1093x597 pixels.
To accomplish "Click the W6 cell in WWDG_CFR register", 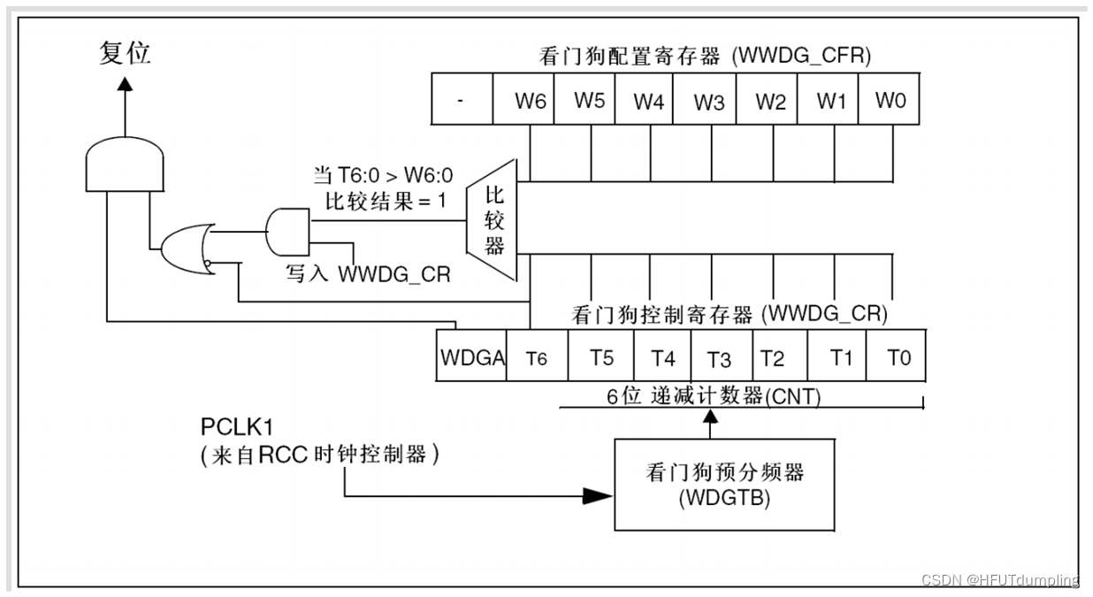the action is pos(524,99).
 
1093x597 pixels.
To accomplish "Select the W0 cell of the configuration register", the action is pos(889,99).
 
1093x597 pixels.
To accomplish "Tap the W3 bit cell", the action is pos(705,99).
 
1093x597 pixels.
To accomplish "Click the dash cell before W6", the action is pos(462,99).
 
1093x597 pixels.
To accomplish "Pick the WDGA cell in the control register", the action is pos(471,356).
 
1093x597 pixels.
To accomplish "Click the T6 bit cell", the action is pos(538,356).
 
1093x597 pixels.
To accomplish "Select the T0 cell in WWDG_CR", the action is pos(896,356).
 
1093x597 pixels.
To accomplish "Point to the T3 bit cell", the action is pos(722,356).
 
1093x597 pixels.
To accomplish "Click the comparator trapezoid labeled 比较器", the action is pos(492,220).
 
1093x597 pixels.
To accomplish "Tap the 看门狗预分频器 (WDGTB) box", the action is pos(724,485).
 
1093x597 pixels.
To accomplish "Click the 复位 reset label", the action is pos(125,53).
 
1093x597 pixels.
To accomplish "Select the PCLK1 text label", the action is pos(237,426).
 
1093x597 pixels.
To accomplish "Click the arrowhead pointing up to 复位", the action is pos(125,84).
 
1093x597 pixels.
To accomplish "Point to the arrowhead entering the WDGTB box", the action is pos(598,496).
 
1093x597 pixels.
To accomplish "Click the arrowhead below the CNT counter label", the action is pos(710,417).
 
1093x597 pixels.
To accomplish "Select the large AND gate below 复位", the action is pos(125,164).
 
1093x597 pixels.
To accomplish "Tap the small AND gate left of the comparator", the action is pos(287,233).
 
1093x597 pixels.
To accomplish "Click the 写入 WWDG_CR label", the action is pos(368,274).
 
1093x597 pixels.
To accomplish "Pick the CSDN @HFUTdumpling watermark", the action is pos(1000,579).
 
